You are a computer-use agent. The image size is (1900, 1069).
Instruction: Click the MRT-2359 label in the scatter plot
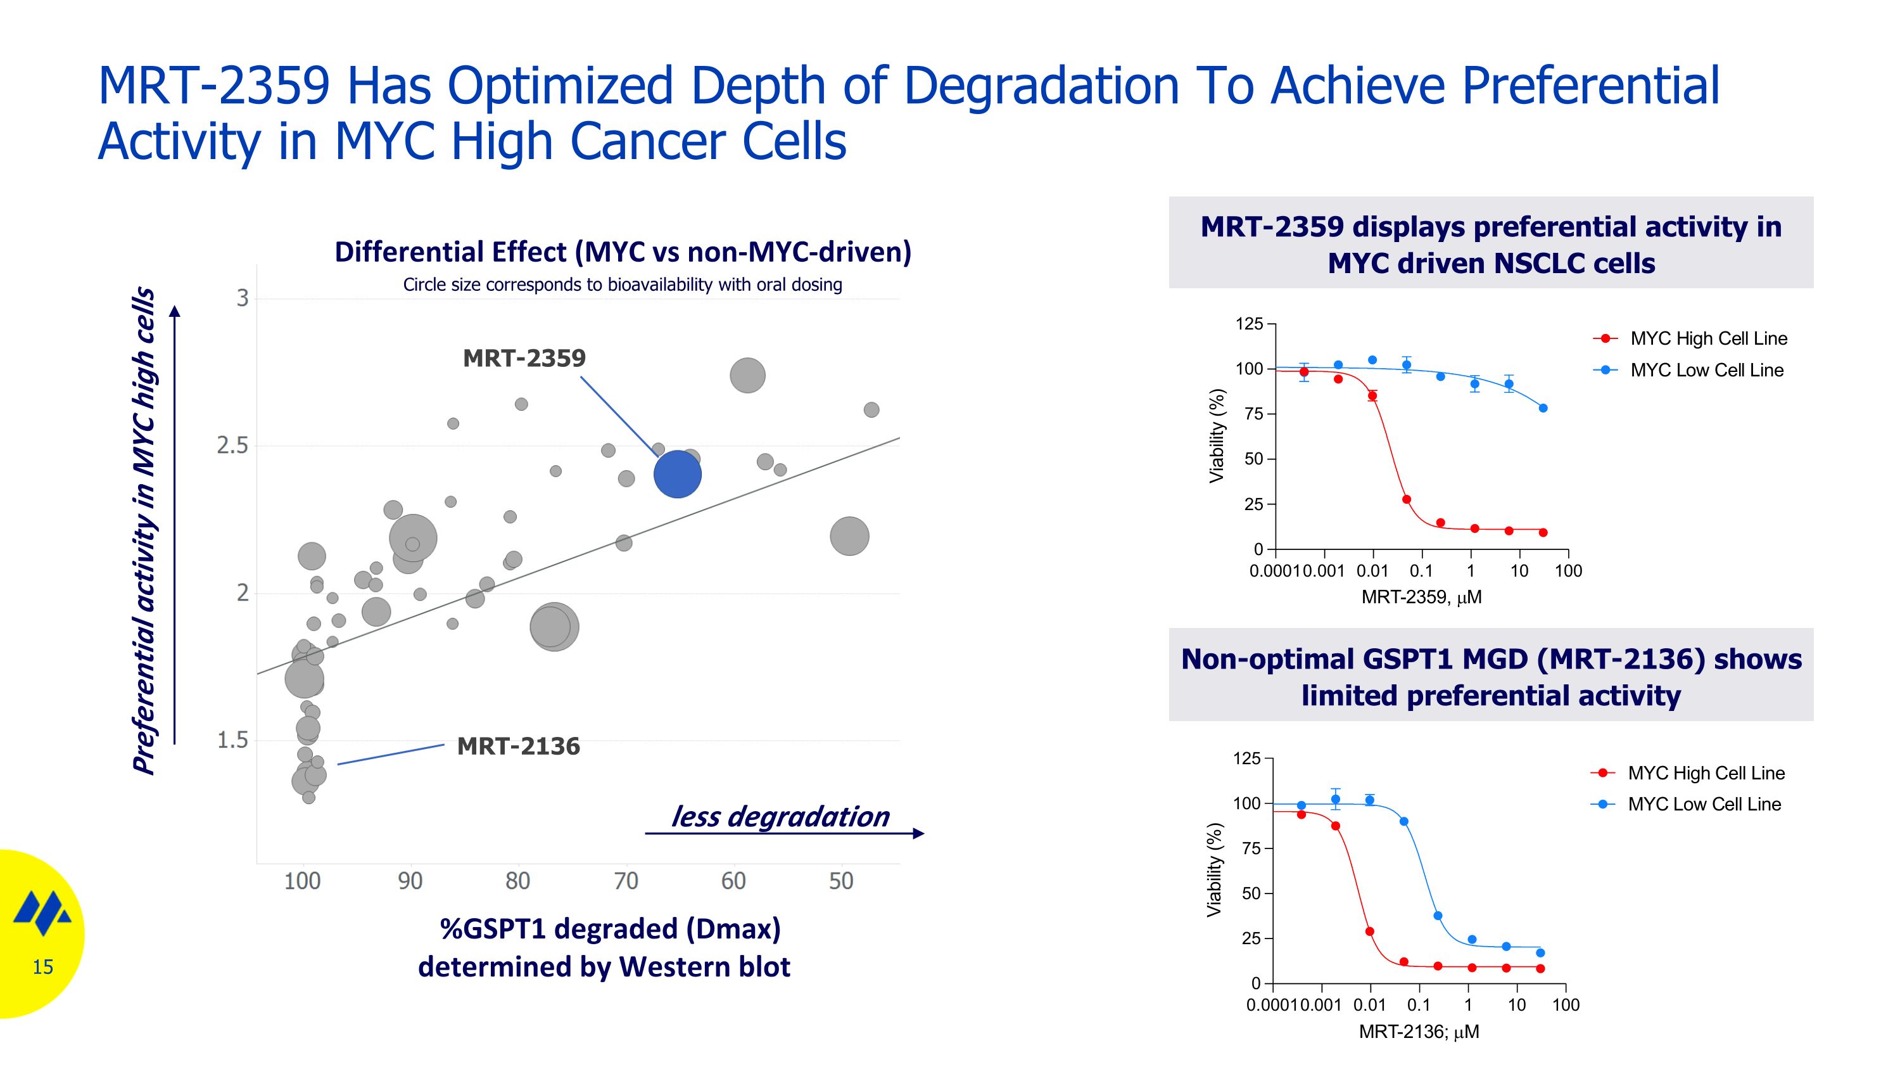(x=524, y=359)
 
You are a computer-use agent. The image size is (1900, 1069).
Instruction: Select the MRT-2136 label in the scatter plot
(x=518, y=746)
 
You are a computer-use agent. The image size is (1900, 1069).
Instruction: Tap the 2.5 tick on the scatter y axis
(x=232, y=445)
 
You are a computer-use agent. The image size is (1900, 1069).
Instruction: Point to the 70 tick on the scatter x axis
(x=626, y=881)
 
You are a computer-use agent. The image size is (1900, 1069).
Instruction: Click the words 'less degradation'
(x=780, y=817)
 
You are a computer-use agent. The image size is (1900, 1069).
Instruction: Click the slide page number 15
(x=43, y=967)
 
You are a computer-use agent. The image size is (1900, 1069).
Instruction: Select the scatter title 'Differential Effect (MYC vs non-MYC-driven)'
(x=623, y=252)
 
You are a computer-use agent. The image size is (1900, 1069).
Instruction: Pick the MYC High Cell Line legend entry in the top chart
(x=1707, y=338)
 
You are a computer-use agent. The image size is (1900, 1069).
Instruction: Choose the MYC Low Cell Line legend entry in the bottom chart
(x=1703, y=804)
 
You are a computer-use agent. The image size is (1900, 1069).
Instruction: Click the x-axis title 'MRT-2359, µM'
(x=1421, y=598)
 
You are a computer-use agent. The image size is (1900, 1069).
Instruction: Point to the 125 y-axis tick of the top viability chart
(x=1249, y=324)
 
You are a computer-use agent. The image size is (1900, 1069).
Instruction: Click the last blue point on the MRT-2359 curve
(x=1543, y=408)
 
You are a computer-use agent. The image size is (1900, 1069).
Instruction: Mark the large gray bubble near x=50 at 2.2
(x=849, y=536)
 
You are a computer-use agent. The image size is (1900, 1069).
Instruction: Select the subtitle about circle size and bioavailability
(x=623, y=285)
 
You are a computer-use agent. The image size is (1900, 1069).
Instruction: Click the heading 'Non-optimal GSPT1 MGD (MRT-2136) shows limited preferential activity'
(x=1491, y=677)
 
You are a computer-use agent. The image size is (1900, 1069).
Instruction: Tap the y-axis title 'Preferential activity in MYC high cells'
(x=144, y=531)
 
